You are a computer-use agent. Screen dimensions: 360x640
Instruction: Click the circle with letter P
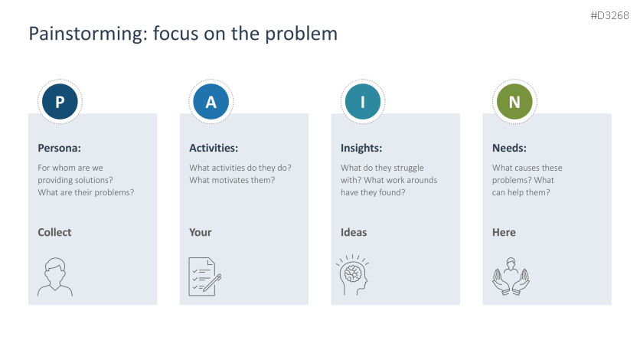tap(60, 102)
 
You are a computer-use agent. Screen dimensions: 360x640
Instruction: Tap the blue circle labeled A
tap(211, 102)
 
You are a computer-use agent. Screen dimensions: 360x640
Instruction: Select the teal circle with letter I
tap(363, 102)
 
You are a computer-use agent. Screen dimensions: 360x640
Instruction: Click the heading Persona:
tap(59, 149)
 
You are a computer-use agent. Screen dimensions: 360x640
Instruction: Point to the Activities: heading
tap(214, 149)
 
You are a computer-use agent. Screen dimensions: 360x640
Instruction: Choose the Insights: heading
tap(361, 149)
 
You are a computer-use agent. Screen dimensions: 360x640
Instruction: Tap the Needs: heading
tap(509, 149)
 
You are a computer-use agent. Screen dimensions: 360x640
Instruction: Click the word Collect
tap(54, 232)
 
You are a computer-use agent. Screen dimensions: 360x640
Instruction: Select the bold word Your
tap(201, 232)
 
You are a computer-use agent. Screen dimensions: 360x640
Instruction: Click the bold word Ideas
tap(354, 232)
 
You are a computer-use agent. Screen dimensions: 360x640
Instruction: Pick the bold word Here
tap(504, 232)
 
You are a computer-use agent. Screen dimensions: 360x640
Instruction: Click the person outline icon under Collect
tap(55, 277)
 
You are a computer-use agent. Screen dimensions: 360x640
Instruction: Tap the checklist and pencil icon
tap(205, 277)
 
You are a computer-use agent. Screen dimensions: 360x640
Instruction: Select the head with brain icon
tap(353, 277)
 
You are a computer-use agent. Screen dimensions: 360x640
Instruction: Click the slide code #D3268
tap(609, 15)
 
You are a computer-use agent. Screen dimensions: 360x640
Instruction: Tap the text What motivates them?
tap(232, 180)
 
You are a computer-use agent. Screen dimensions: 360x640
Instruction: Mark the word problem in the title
tap(306, 34)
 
